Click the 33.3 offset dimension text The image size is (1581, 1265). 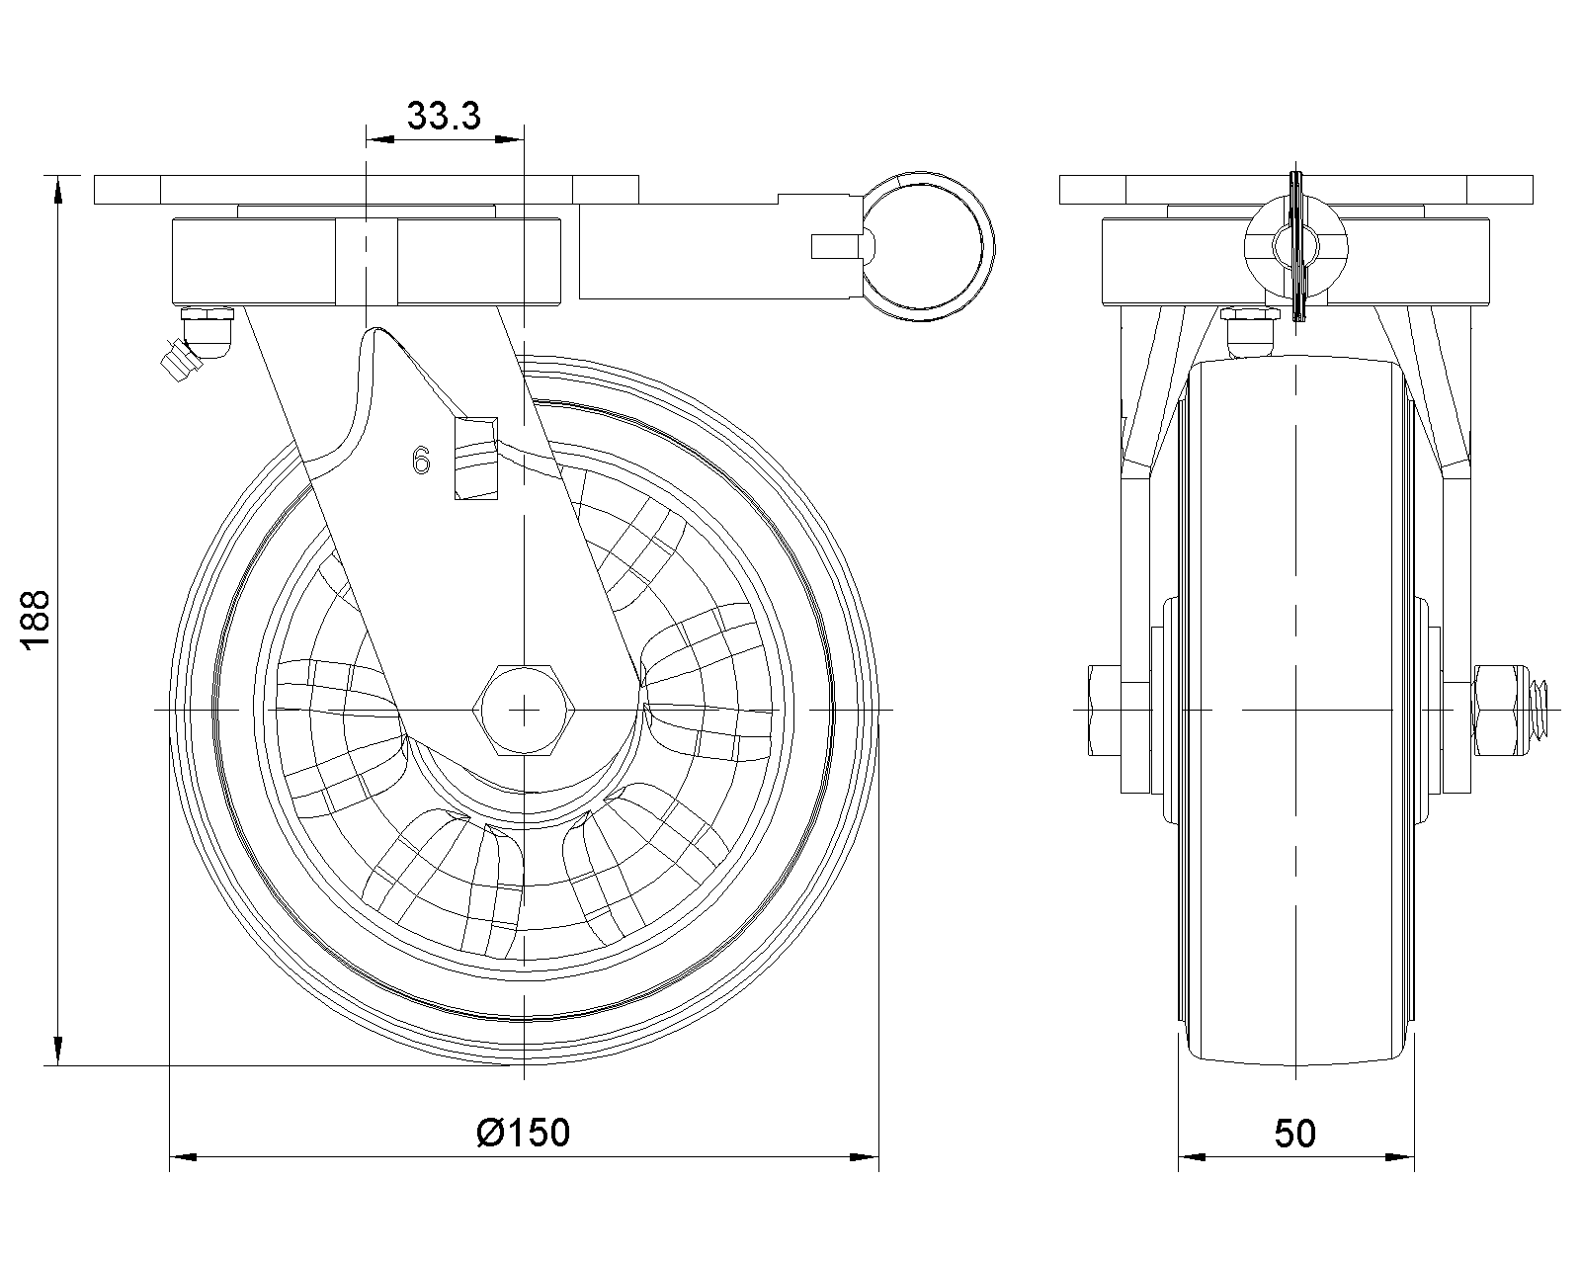point(444,117)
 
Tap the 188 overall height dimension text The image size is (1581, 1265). point(36,622)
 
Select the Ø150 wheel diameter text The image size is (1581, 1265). point(523,1133)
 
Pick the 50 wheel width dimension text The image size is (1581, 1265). point(1294,1134)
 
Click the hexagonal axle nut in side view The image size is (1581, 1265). point(524,710)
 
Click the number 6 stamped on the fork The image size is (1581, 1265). point(422,460)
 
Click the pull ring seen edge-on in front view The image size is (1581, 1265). point(1296,247)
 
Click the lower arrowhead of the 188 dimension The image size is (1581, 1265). point(59,1050)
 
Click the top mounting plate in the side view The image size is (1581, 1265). point(1295,189)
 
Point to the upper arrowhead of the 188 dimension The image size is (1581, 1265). point(59,192)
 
